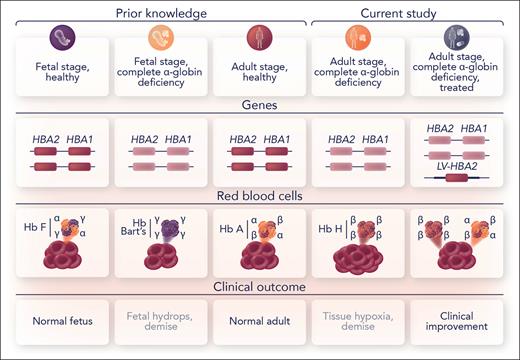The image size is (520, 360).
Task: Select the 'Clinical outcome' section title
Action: point(259,288)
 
